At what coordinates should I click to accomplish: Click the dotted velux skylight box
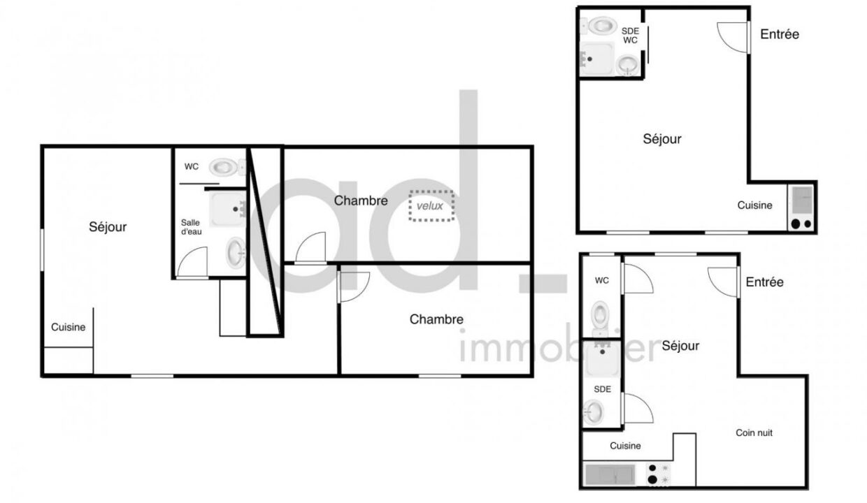pos(431,206)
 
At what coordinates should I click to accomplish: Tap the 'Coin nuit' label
pos(754,433)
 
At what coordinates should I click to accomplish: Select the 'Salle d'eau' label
pos(191,227)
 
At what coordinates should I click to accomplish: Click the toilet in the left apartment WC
pos(225,167)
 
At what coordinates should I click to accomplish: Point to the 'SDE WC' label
pos(630,36)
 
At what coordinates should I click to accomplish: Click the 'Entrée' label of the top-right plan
pos(779,34)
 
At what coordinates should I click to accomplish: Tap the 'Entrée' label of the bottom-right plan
pos(764,282)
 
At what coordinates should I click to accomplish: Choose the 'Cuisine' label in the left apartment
pos(69,327)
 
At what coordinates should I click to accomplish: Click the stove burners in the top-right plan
pos(801,224)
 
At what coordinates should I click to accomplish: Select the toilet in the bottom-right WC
pos(600,314)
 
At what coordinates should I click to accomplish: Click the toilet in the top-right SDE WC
pos(601,27)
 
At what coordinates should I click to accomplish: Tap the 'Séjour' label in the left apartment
pos(108,227)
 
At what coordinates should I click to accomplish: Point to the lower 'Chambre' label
pos(436,319)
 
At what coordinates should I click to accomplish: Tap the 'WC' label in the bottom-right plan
pos(601,281)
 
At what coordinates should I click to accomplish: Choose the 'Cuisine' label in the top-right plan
pos(754,205)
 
